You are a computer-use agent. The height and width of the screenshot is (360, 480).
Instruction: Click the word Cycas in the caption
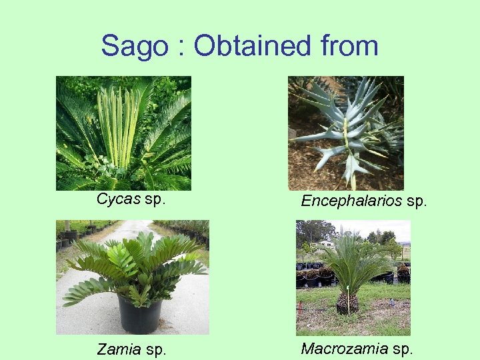pos(118,199)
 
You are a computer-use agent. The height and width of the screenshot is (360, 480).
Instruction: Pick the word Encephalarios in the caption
pos(351,201)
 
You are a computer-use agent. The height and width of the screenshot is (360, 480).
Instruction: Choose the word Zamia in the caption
pos(118,349)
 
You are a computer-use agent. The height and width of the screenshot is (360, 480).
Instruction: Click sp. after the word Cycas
pos(154,199)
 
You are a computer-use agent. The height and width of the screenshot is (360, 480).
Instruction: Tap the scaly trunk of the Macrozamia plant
pos(347,303)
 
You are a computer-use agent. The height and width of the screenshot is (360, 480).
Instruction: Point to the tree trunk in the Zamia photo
pos(67,226)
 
